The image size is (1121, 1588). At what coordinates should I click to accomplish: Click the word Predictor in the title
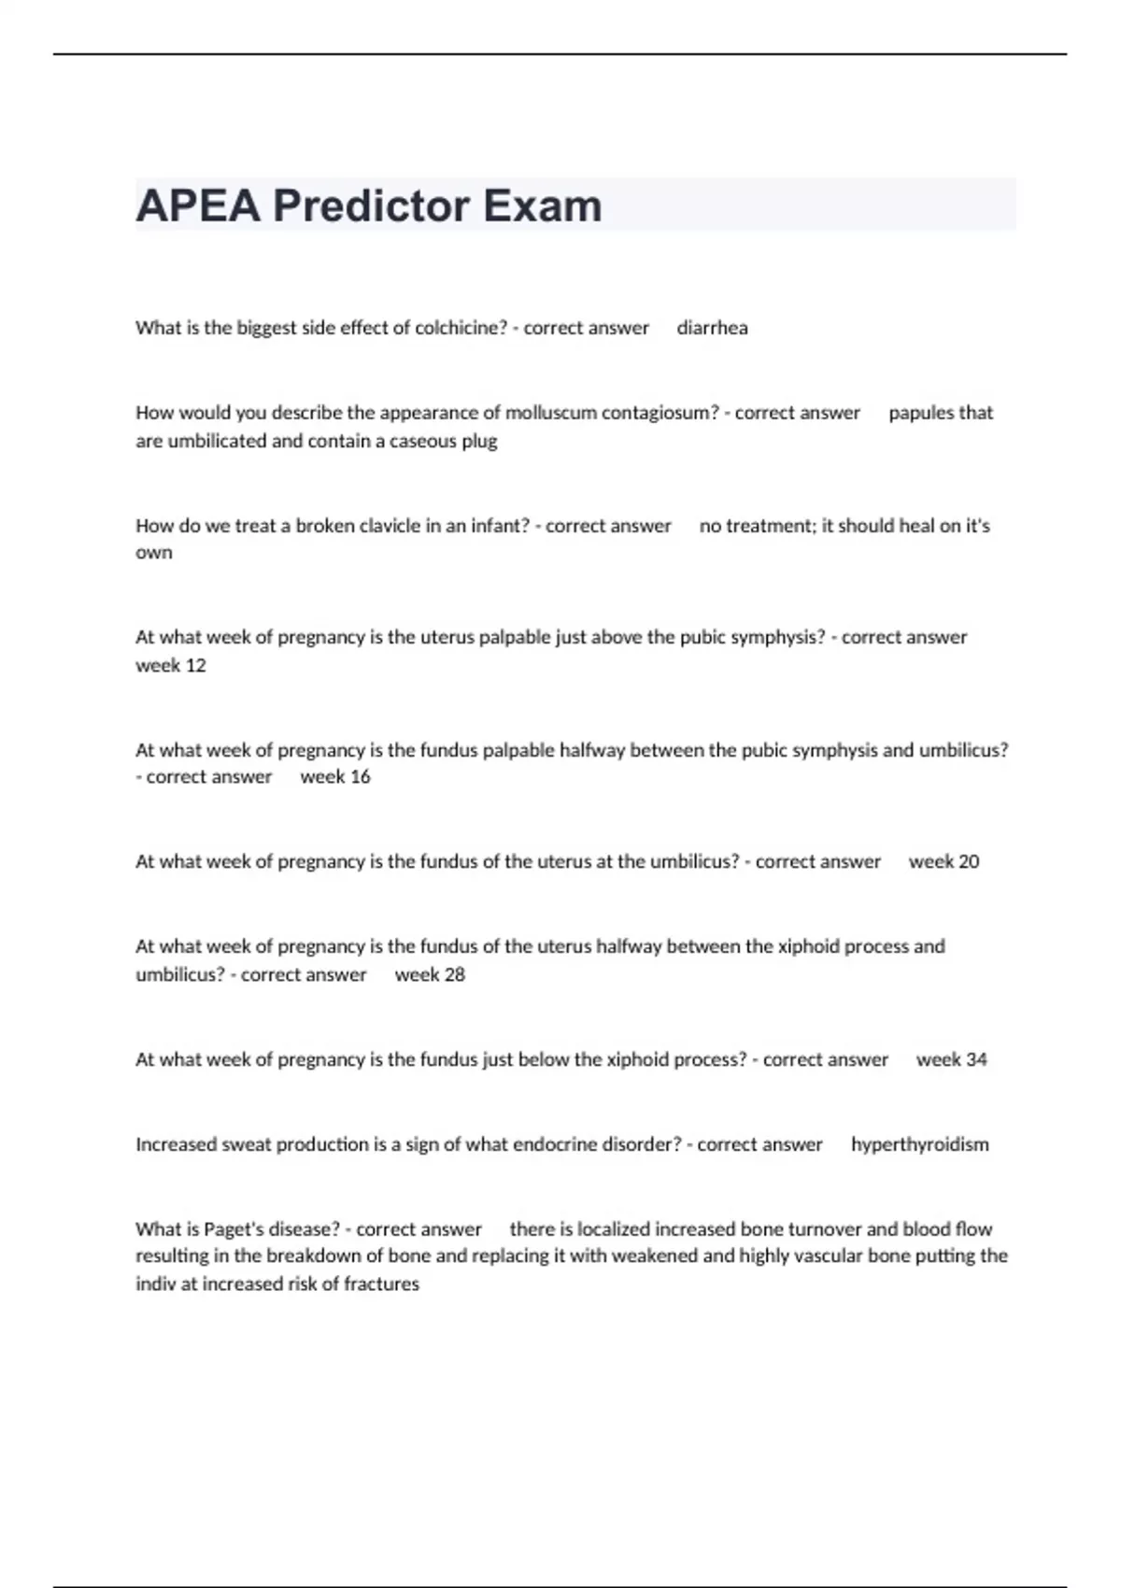click(372, 206)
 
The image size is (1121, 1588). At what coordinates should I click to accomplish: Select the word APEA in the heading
click(197, 206)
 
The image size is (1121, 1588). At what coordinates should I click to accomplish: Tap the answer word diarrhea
click(712, 328)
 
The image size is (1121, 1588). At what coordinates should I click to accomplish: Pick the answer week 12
click(171, 665)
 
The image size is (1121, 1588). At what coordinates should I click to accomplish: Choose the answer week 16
click(335, 777)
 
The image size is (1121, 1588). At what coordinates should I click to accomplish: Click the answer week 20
click(944, 862)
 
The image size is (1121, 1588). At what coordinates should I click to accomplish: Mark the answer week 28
click(430, 974)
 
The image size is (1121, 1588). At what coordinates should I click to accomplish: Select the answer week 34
click(951, 1059)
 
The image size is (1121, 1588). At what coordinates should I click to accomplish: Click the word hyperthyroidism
click(919, 1144)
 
